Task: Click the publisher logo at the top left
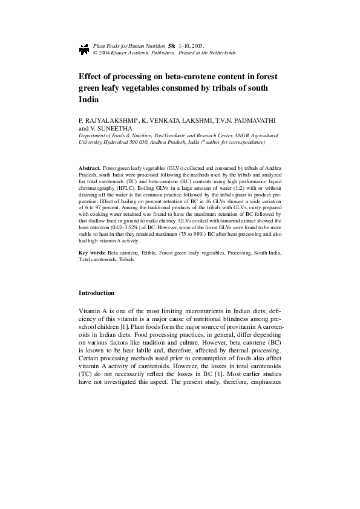coord(83,49)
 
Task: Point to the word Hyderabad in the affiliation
coord(109,142)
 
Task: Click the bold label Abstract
coord(90,167)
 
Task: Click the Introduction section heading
coord(96,293)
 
